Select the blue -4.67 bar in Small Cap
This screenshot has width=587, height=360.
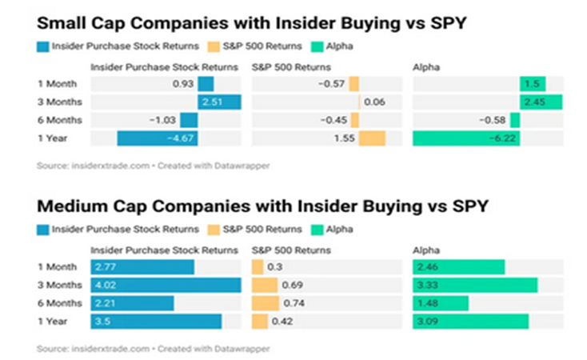(x=158, y=138)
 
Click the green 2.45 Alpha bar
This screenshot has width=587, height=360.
(x=541, y=102)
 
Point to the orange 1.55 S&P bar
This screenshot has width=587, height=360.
(x=372, y=138)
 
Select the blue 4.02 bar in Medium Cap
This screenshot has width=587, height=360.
(x=166, y=285)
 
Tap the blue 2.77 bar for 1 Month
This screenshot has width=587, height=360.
(x=142, y=266)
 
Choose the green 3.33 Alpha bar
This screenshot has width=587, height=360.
(x=475, y=285)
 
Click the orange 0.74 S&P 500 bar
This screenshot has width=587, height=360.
(x=266, y=303)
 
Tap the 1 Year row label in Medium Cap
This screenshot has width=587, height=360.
(x=51, y=322)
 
